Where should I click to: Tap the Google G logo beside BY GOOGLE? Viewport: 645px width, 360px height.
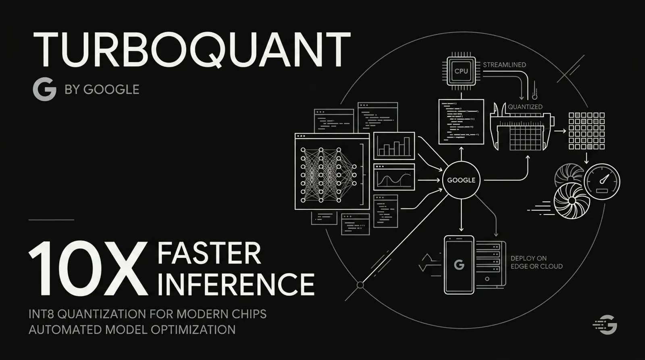pyautogui.click(x=44, y=89)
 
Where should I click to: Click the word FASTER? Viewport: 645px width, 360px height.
pyautogui.click(x=209, y=254)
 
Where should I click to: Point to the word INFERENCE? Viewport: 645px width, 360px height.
pyautogui.click(x=236, y=284)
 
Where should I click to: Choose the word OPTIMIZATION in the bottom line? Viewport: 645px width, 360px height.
pyautogui.click(x=193, y=329)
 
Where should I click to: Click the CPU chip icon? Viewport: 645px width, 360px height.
pyautogui.click(x=461, y=71)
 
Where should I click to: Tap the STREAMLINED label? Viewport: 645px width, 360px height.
pyautogui.click(x=504, y=65)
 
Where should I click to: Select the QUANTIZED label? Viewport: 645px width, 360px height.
pyautogui.click(x=525, y=107)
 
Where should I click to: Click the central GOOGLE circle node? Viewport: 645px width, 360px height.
pyautogui.click(x=461, y=180)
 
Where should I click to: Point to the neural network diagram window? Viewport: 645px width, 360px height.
pyautogui.click(x=332, y=172)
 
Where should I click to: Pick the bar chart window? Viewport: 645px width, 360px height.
pyautogui.click(x=394, y=146)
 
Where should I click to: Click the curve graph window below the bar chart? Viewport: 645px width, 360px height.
pyautogui.click(x=394, y=177)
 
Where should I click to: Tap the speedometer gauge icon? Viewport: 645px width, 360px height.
pyautogui.click(x=602, y=181)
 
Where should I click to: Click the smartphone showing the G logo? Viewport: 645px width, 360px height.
pyautogui.click(x=459, y=265)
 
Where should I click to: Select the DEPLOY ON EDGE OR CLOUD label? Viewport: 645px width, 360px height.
pyautogui.click(x=536, y=262)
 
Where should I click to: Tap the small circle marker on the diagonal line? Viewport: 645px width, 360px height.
pyautogui.click(x=360, y=285)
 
